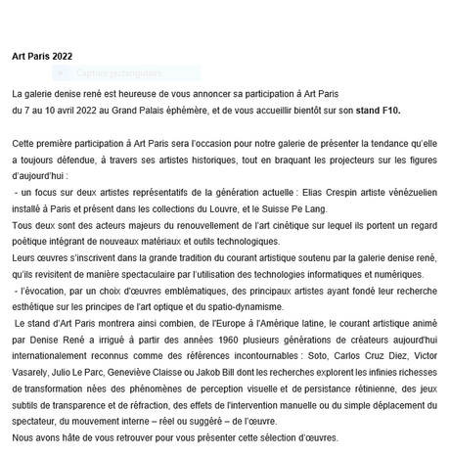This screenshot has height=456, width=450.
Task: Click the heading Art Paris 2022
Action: (x=42, y=56)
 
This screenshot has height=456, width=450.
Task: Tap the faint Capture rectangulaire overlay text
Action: (x=108, y=73)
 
